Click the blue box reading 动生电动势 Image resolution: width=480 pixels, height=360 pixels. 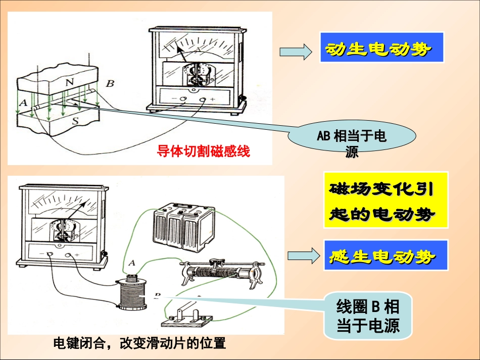pyautogui.click(x=381, y=47)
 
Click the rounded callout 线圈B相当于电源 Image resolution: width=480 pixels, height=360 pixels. pyautogui.click(x=367, y=315)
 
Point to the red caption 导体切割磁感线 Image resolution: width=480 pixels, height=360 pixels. pyautogui.click(x=203, y=151)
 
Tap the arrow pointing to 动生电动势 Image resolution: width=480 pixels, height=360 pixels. pyautogui.click(x=295, y=51)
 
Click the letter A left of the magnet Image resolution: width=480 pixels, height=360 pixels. pyautogui.click(x=22, y=101)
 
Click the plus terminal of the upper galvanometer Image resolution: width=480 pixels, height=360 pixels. pyautogui.click(x=203, y=99)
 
